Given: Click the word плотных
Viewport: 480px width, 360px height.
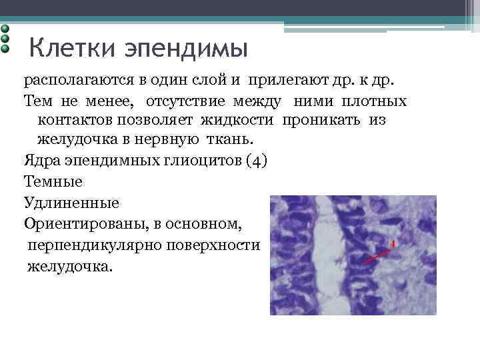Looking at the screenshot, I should click(x=378, y=102).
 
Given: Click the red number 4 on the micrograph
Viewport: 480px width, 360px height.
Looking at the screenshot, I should click(x=393, y=245).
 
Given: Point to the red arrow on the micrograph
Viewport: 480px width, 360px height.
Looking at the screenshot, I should click(x=375, y=255).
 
